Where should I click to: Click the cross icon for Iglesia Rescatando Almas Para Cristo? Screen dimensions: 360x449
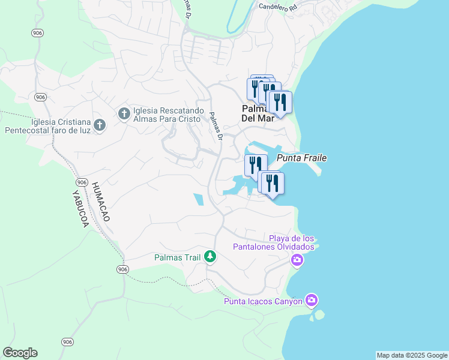124,113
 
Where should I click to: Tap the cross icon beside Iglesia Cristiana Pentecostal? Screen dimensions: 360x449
100,125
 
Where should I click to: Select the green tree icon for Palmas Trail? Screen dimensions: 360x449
209,257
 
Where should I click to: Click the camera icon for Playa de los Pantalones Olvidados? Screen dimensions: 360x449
297,260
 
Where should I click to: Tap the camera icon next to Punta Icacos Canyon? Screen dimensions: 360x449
311,300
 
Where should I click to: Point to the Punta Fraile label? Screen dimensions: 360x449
302,158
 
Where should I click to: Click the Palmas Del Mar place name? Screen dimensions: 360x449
258,113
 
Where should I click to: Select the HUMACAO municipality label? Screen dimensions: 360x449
100,202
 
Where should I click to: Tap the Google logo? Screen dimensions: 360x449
20,353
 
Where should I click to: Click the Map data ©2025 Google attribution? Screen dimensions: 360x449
411,355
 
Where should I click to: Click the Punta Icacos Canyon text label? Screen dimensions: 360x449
263,301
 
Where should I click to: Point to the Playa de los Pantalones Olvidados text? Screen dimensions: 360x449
291,243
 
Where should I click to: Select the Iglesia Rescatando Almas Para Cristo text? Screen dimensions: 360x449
169,114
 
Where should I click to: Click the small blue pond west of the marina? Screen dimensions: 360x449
199,200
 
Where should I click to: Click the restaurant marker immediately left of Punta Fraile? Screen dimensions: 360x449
256,164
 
